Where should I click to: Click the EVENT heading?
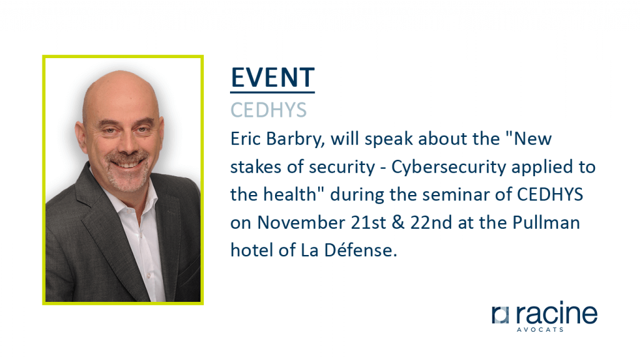[x=272, y=78]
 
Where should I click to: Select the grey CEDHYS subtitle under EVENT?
[x=269, y=110]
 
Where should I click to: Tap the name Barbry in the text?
[x=296, y=139]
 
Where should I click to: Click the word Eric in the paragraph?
[x=245, y=139]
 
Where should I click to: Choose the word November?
[x=301, y=223]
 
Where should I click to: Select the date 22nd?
[x=431, y=223]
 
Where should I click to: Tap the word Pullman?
[x=546, y=223]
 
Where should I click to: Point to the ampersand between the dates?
[x=398, y=223]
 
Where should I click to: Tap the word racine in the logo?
[x=556, y=313]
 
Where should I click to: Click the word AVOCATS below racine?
[x=540, y=329]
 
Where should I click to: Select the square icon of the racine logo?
[x=501, y=315]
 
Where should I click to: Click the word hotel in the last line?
[x=252, y=250]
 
